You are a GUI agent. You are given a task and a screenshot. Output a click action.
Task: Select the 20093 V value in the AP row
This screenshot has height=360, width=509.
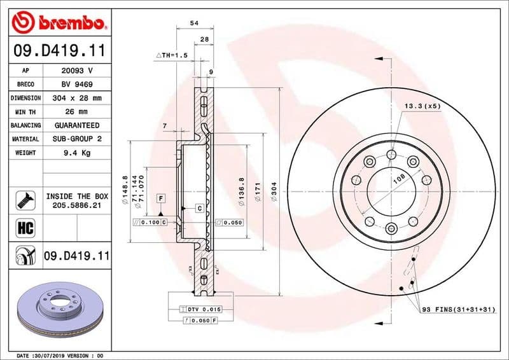coord(77,71)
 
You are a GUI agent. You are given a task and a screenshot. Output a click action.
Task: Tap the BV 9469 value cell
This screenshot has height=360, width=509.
coord(77,85)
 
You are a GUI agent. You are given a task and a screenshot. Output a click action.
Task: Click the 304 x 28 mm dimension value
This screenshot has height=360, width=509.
coord(77,99)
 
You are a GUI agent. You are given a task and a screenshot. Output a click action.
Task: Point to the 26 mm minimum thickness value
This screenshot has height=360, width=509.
coord(77,112)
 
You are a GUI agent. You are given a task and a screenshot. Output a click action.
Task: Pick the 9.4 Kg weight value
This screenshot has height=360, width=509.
coord(77,153)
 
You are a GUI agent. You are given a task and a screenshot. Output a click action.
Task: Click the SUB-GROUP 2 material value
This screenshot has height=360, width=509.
coord(77,139)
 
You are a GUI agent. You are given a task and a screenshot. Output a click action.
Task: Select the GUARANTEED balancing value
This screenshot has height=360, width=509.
coord(77,125)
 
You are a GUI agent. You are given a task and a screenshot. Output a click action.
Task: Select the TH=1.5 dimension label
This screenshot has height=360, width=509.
coord(172,56)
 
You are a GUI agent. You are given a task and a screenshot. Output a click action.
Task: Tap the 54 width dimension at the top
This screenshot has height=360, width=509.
coord(194,24)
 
